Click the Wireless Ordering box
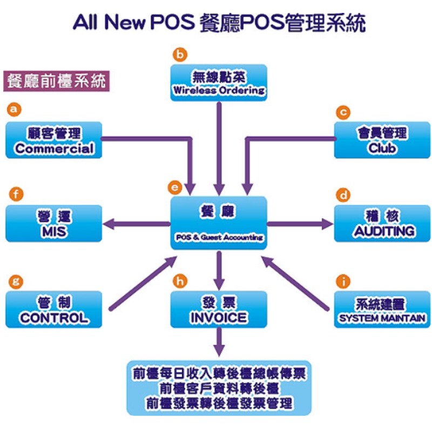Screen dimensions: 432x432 (x=219, y=82)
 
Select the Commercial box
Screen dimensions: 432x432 (x=54, y=140)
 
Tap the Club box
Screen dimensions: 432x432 (x=382, y=140)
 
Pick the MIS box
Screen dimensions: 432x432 (x=54, y=224)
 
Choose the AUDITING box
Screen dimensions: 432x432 (x=382, y=224)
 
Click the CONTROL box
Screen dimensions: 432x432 (x=54, y=309)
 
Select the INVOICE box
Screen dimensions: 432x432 (x=219, y=309)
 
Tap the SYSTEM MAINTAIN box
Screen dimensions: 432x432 (x=382, y=309)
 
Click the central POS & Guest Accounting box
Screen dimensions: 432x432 (x=219, y=223)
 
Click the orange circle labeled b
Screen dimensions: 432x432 (x=180, y=53)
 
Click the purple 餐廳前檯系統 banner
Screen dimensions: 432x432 (x=56, y=80)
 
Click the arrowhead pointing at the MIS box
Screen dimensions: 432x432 (x=110, y=223)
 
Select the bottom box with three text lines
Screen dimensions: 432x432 (x=219, y=388)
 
